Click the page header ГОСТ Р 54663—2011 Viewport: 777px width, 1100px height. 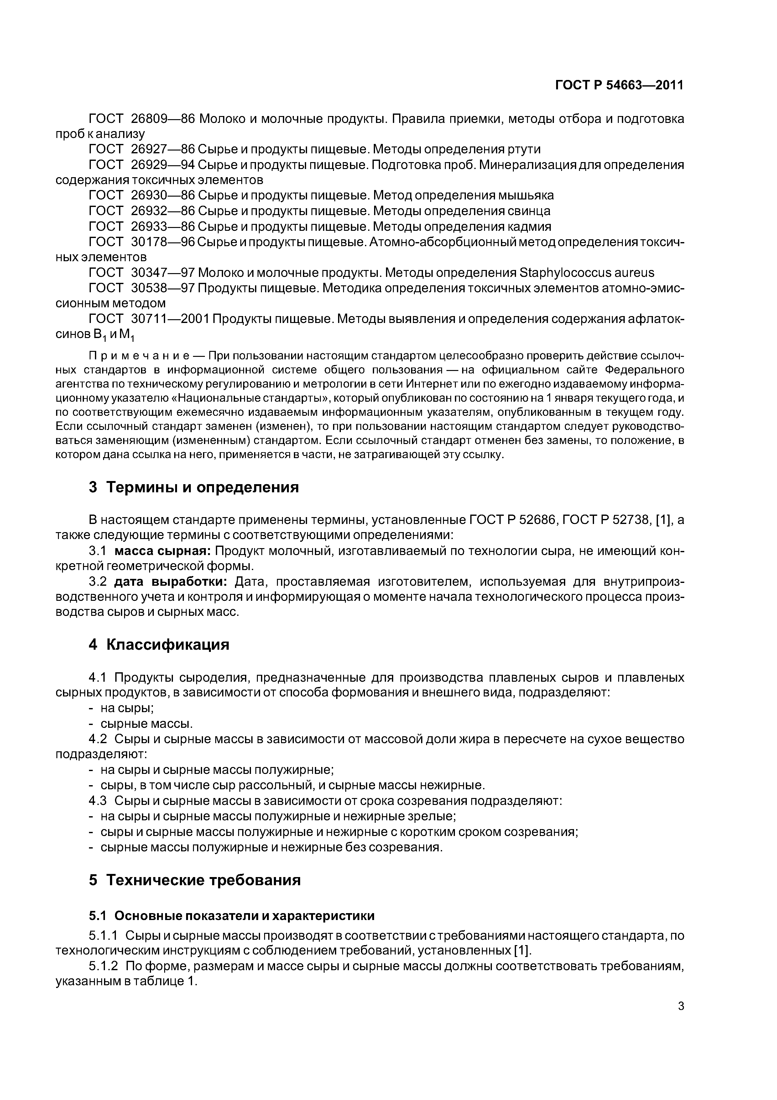tap(619, 85)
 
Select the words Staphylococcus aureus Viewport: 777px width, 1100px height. tap(587, 273)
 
